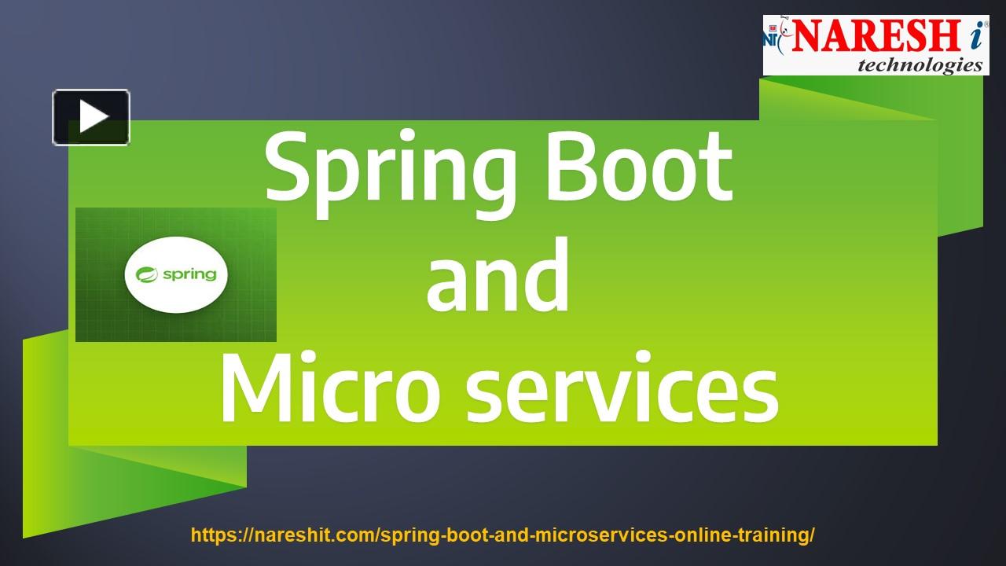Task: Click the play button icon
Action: click(x=91, y=117)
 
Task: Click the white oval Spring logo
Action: click(x=176, y=274)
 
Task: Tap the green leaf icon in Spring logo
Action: click(x=147, y=274)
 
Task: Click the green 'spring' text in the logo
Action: click(x=189, y=274)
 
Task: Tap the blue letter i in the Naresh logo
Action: click(x=973, y=36)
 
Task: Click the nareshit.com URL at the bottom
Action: click(x=503, y=535)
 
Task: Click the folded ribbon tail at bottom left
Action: click(x=118, y=487)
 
